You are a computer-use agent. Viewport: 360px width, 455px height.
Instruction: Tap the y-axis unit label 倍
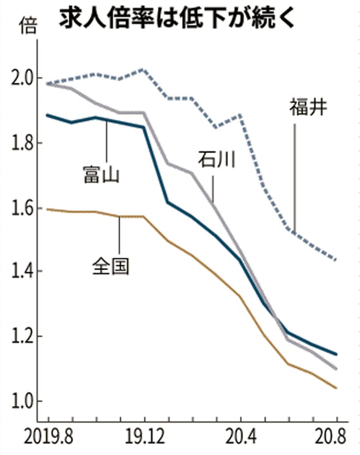[x=28, y=25]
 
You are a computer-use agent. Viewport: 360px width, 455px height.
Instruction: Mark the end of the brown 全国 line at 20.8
[x=336, y=388]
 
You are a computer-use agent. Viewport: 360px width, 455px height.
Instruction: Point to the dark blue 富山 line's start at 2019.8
[x=48, y=114]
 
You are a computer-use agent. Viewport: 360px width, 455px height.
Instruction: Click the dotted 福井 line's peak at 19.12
[x=144, y=69]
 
